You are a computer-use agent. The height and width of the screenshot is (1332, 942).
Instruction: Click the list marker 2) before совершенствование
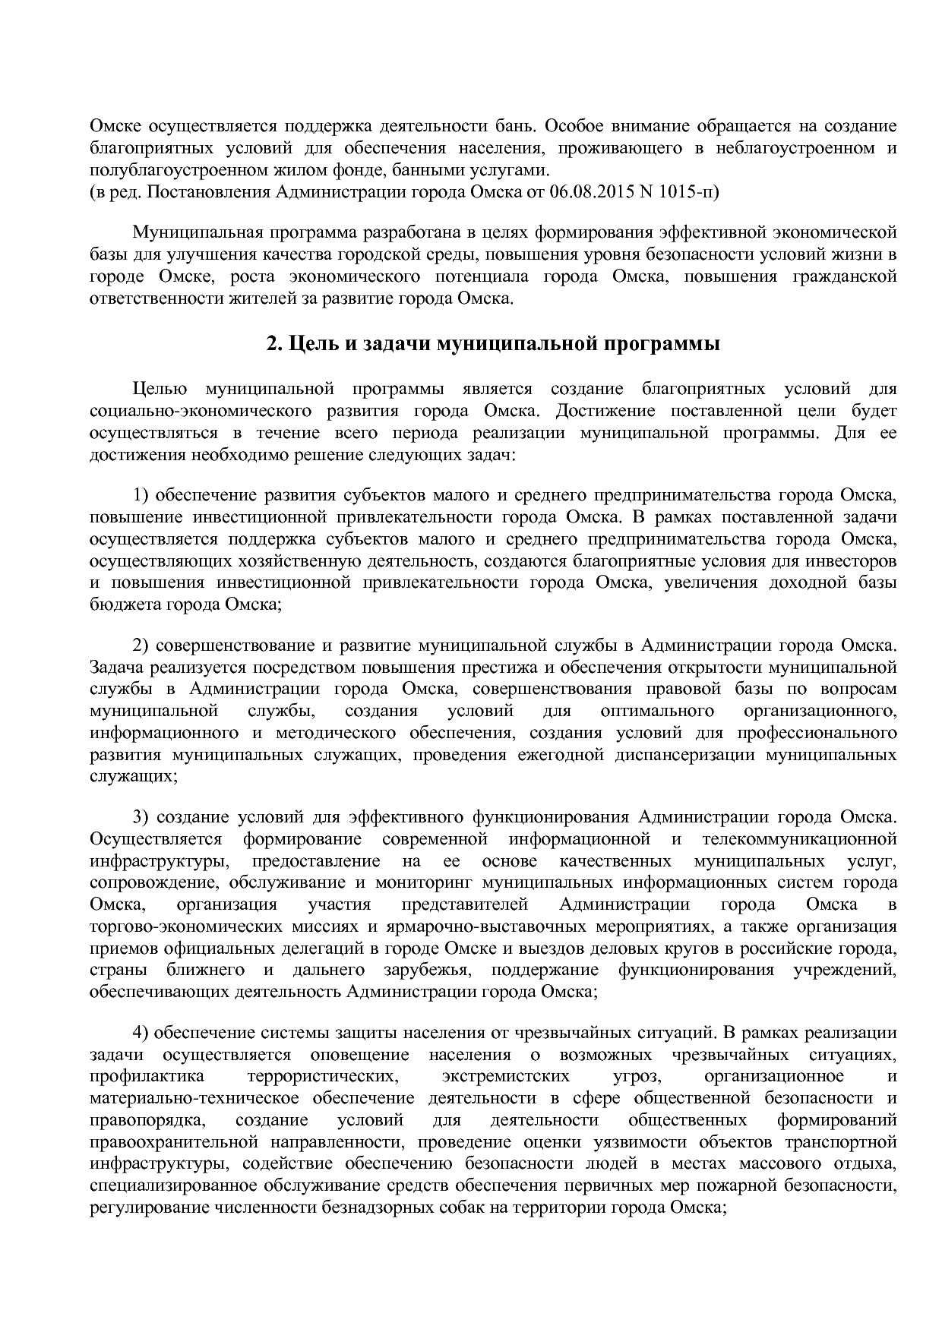coord(141,646)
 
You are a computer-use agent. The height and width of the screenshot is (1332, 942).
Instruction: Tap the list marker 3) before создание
coord(141,818)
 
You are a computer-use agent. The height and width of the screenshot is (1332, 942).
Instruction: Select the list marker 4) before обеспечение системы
coord(141,1034)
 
